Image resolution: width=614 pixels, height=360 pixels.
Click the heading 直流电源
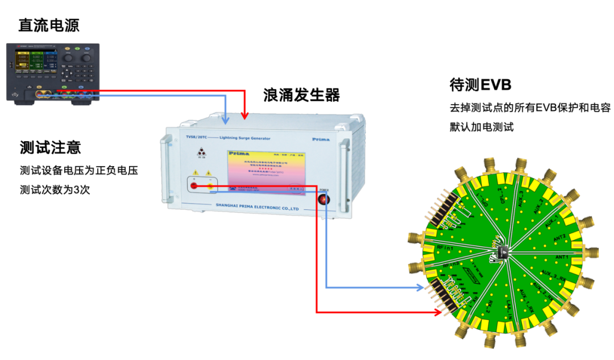(x=49, y=25)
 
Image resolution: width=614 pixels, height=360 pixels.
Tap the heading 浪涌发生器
(x=301, y=95)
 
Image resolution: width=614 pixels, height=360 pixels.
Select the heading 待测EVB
(x=480, y=85)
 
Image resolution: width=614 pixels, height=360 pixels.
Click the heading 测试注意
(x=50, y=147)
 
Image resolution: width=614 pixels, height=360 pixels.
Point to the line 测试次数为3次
(x=55, y=189)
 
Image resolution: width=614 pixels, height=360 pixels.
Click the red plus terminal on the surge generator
(x=194, y=186)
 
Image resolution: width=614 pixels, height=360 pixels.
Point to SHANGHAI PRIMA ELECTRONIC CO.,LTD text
(x=258, y=208)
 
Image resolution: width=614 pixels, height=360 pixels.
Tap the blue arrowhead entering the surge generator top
(x=226, y=120)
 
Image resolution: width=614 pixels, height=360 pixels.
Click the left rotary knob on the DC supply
(x=68, y=58)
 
